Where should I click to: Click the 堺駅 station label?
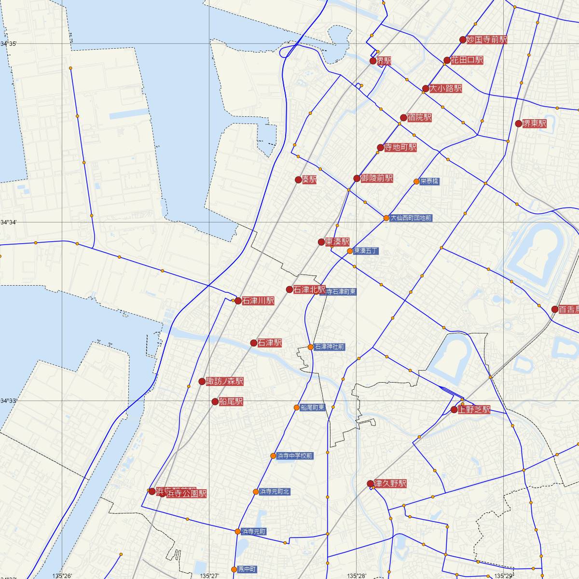tap(384, 61)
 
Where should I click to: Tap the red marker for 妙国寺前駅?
tap(463, 40)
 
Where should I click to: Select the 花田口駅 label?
tap(467, 60)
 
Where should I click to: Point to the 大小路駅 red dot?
tap(425, 88)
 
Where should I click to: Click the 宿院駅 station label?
tap(419, 118)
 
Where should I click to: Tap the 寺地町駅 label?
tap(400, 147)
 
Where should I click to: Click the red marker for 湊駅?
tap(298, 179)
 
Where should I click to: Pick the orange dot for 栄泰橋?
tap(416, 181)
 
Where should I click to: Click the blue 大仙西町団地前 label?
tap(411, 218)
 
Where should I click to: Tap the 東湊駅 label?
tap(337, 242)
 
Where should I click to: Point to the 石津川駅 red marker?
tap(237, 301)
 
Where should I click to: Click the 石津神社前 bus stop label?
tap(330, 346)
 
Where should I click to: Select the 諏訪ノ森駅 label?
tap(224, 382)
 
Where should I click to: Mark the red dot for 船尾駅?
tap(215, 401)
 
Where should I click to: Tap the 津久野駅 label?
tap(390, 483)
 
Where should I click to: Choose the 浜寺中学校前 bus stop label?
tap(295, 455)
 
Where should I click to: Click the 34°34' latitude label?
tap(8, 222)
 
